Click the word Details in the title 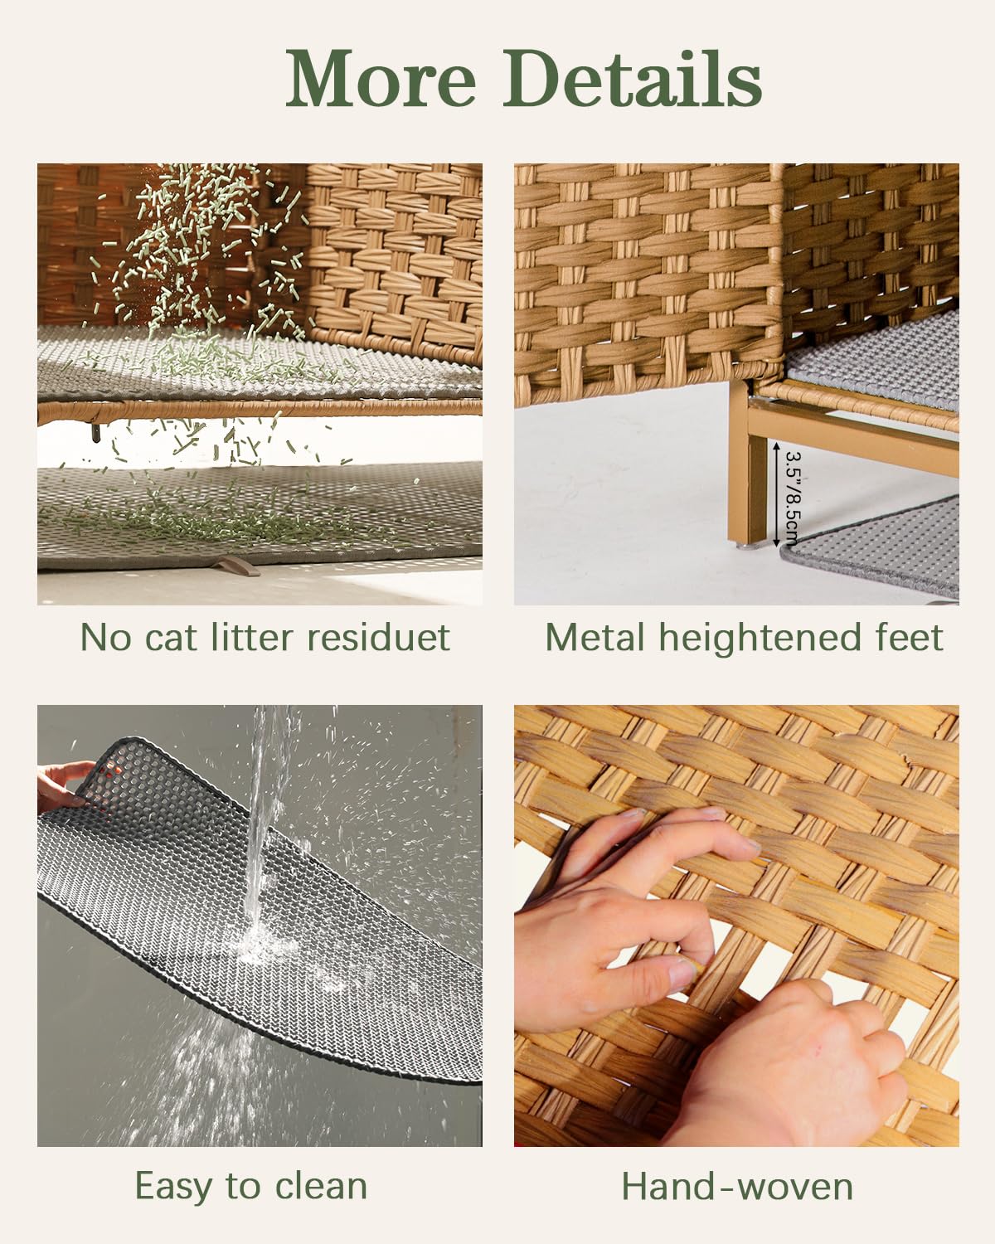click(633, 79)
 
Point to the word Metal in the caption click(595, 638)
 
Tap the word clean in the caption click(321, 1186)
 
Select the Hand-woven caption click(737, 1187)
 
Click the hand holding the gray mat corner click(62, 784)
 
